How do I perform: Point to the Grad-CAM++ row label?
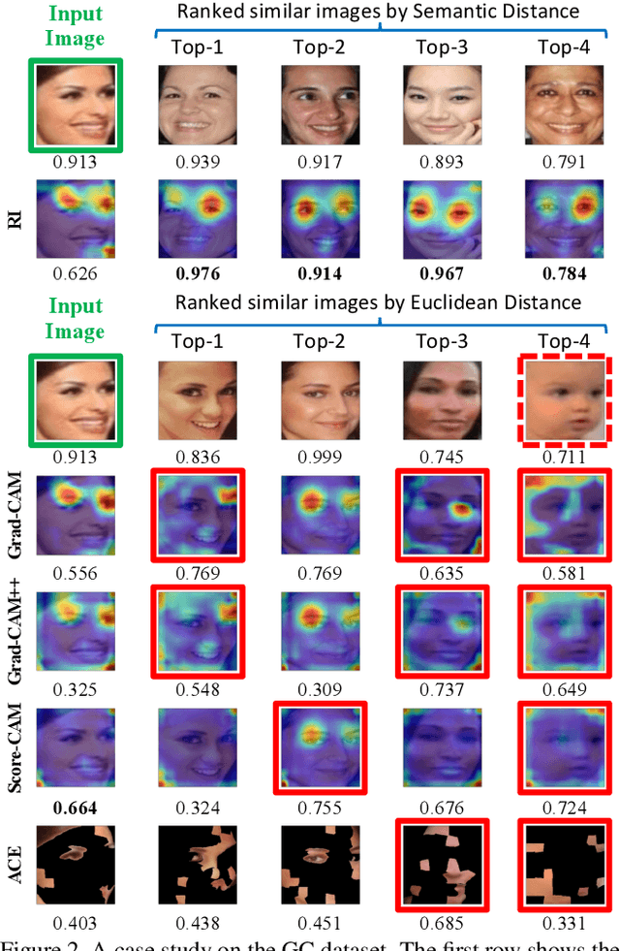click(x=14, y=631)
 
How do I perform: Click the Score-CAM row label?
click(x=14, y=750)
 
